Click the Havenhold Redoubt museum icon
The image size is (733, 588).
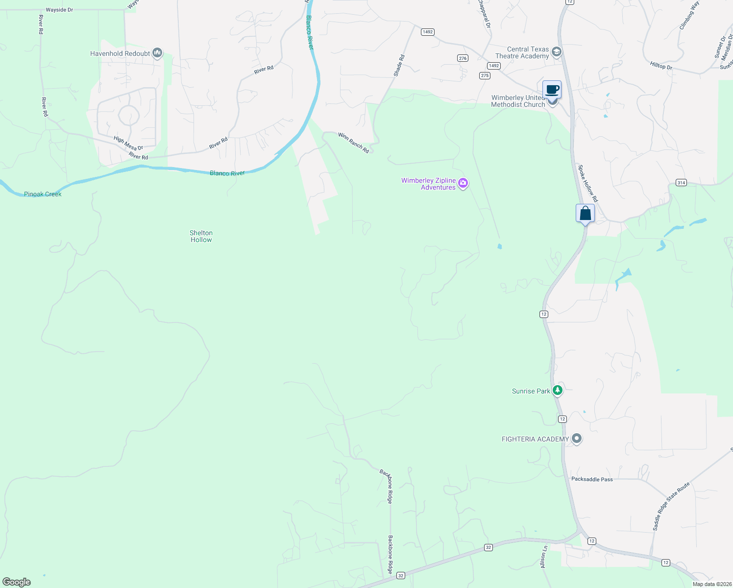pos(157,53)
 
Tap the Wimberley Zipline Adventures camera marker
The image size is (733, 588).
pos(463,184)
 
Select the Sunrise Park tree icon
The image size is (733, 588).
pos(557,391)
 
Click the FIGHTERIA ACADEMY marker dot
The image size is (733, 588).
pos(577,439)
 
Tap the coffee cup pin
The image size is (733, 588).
pos(552,90)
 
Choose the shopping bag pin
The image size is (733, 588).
pos(585,214)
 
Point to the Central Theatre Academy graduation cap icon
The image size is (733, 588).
pos(556,52)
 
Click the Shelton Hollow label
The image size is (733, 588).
pos(201,236)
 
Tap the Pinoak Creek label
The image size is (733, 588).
pos(43,194)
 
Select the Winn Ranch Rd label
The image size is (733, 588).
pos(353,143)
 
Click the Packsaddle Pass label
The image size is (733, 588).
pos(592,479)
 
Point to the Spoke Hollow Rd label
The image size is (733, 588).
pos(588,183)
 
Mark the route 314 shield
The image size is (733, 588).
pos(681,183)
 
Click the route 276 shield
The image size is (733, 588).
pos(463,58)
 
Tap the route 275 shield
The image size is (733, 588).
pos(485,75)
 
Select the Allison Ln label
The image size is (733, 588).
pos(543,557)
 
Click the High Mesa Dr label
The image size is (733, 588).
pos(128,144)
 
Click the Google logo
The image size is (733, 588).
pos(17,582)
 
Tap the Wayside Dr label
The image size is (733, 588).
pos(59,10)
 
